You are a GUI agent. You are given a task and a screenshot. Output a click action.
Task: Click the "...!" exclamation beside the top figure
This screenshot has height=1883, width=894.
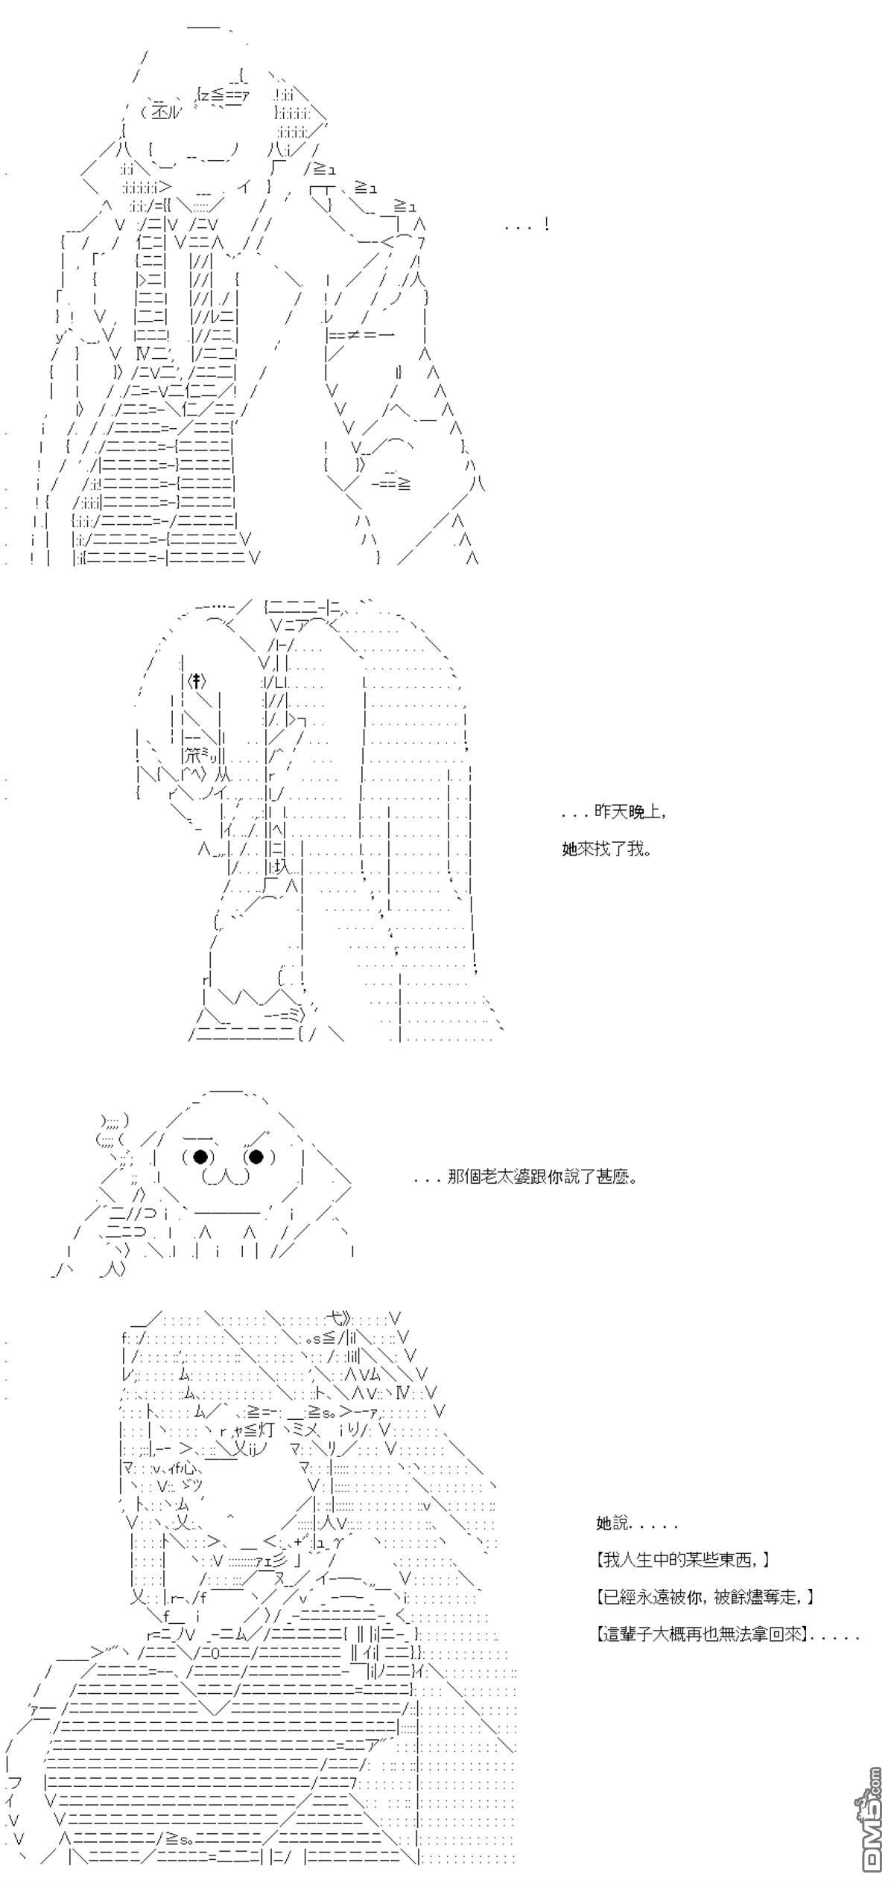[527, 224]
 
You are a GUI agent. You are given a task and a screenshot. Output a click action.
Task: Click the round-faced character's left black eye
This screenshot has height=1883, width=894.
[200, 1156]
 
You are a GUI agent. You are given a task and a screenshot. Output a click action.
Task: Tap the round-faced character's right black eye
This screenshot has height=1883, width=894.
[256, 1156]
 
